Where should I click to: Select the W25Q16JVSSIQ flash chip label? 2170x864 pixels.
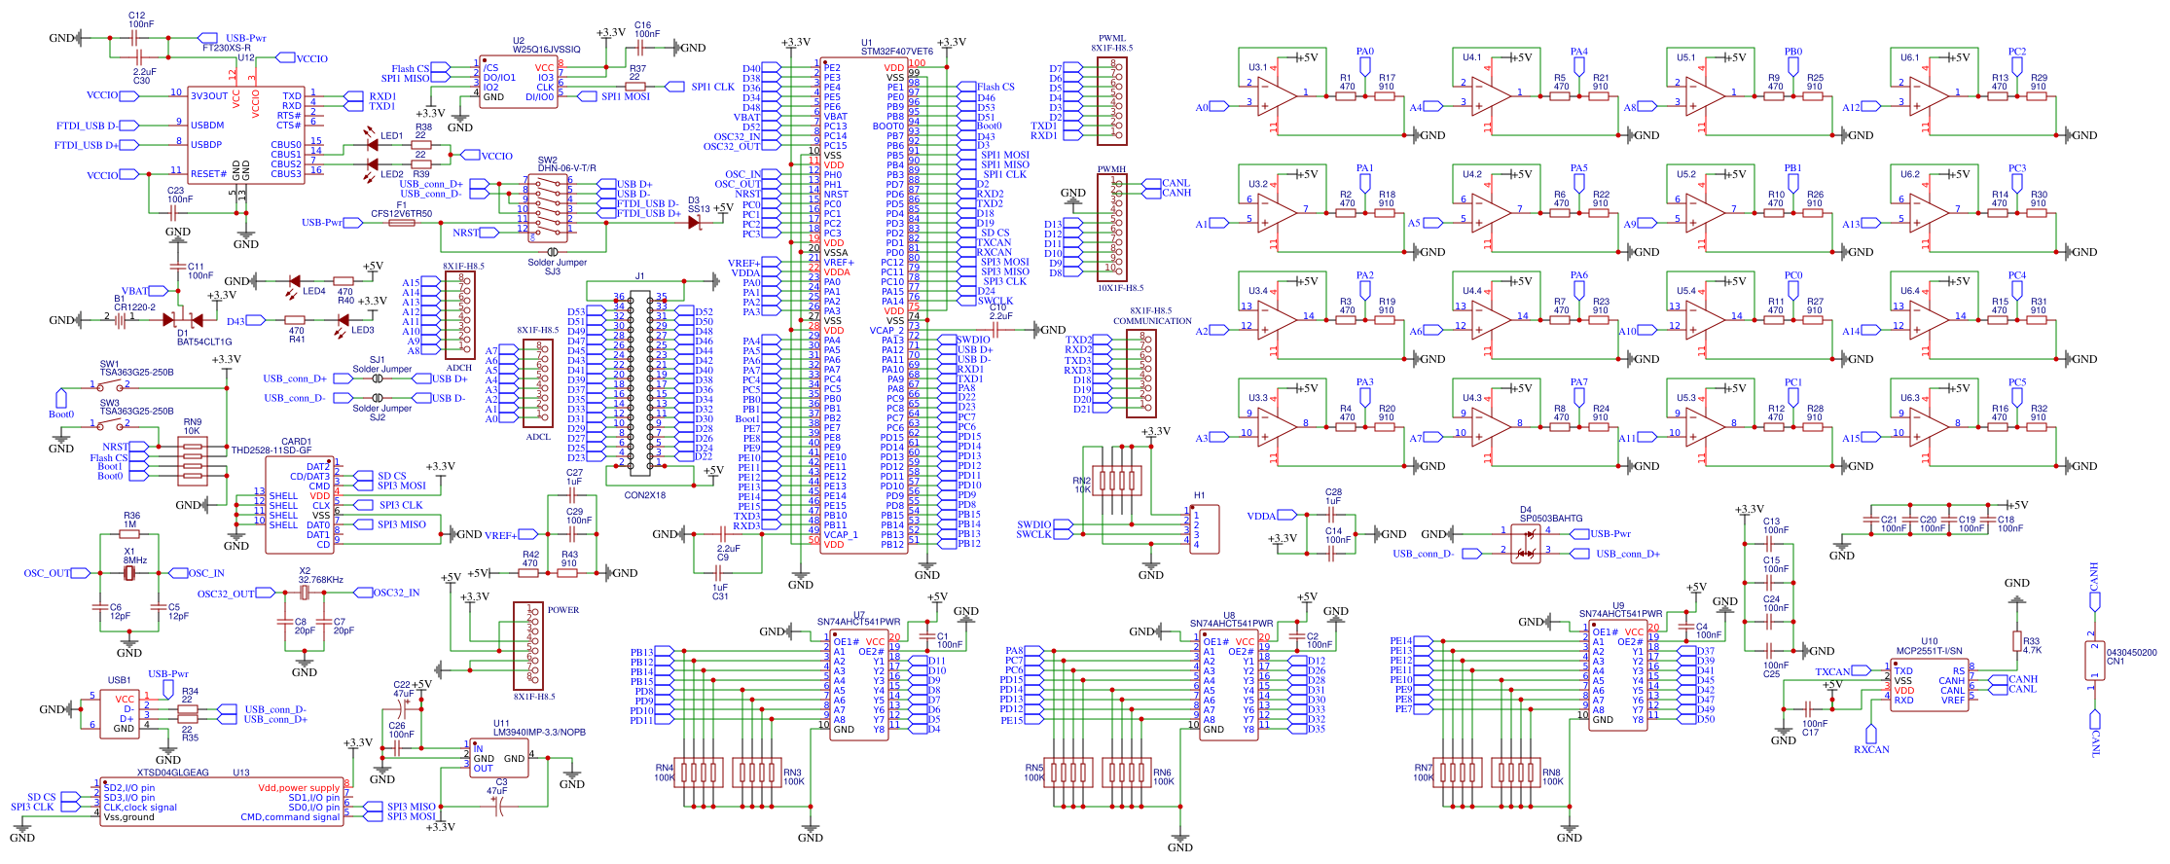(x=546, y=50)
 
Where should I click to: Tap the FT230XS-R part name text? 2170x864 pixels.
(x=226, y=48)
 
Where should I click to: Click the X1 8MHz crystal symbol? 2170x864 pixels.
(x=129, y=574)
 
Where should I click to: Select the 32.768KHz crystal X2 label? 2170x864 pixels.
(x=320, y=580)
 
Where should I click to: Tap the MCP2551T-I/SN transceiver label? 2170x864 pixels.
(x=1929, y=651)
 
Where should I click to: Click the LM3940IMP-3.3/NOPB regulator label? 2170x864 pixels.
(x=538, y=732)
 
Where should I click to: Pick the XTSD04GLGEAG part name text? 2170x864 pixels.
(x=173, y=773)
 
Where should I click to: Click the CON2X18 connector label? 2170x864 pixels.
(x=644, y=495)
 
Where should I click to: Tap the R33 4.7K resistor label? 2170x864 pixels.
(x=2032, y=645)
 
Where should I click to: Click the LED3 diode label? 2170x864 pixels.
(x=362, y=330)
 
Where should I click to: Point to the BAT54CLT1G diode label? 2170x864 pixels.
(x=204, y=342)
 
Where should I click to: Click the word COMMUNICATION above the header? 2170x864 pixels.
(x=1152, y=321)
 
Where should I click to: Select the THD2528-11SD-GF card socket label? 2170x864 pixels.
(x=271, y=450)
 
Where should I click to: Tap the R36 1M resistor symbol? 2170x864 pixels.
(x=129, y=534)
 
